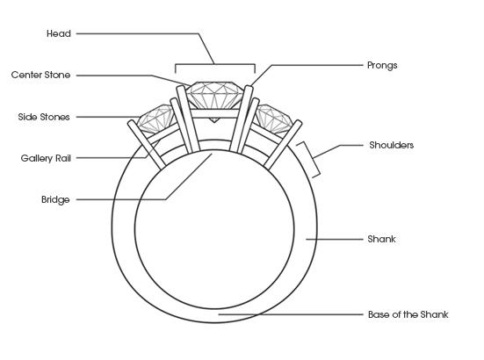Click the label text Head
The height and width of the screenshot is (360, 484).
59,33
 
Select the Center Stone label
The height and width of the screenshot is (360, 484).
40,75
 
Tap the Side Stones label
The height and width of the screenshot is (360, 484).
44,117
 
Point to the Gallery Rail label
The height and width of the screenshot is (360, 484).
46,158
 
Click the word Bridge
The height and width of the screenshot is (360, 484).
55,199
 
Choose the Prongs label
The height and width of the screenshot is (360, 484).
382,66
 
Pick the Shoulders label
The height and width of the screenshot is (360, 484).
392,145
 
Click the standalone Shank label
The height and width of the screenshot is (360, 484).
381,239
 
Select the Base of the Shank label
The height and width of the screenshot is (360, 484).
408,314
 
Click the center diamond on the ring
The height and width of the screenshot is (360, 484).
215,96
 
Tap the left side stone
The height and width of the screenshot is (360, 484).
156,118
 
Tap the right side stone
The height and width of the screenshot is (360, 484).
274,119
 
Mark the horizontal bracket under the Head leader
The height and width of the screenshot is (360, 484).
215,64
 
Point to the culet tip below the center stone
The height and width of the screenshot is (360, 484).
214,122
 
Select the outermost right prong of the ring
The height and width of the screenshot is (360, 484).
283,145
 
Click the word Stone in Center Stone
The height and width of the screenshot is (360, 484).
57,75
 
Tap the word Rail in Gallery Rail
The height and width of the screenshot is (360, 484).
63,158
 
